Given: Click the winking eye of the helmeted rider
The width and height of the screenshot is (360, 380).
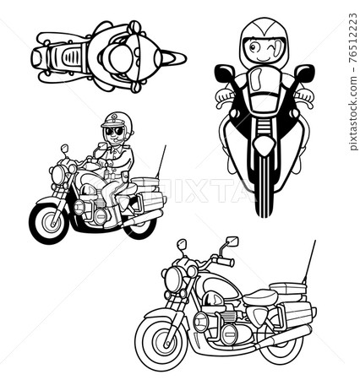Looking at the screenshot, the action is click(x=271, y=46).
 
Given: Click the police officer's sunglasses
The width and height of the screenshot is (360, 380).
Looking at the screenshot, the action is click(x=114, y=131).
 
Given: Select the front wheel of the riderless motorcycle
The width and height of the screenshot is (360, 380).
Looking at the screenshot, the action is click(x=160, y=339).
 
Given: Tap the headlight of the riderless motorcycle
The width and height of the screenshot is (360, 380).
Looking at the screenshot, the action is click(x=172, y=280).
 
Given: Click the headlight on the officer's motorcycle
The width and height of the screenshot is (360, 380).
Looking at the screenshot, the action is click(x=58, y=174).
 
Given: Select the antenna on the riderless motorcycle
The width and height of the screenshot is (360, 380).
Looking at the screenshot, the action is click(x=309, y=262).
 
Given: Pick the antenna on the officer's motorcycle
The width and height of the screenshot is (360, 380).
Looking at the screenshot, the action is click(x=161, y=161).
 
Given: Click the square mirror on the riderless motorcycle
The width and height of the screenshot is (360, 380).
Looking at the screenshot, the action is click(x=232, y=242).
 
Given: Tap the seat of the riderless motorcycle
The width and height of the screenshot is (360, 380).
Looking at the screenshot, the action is click(x=260, y=297).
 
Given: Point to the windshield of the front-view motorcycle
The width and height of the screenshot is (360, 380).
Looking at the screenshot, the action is click(x=256, y=80).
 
